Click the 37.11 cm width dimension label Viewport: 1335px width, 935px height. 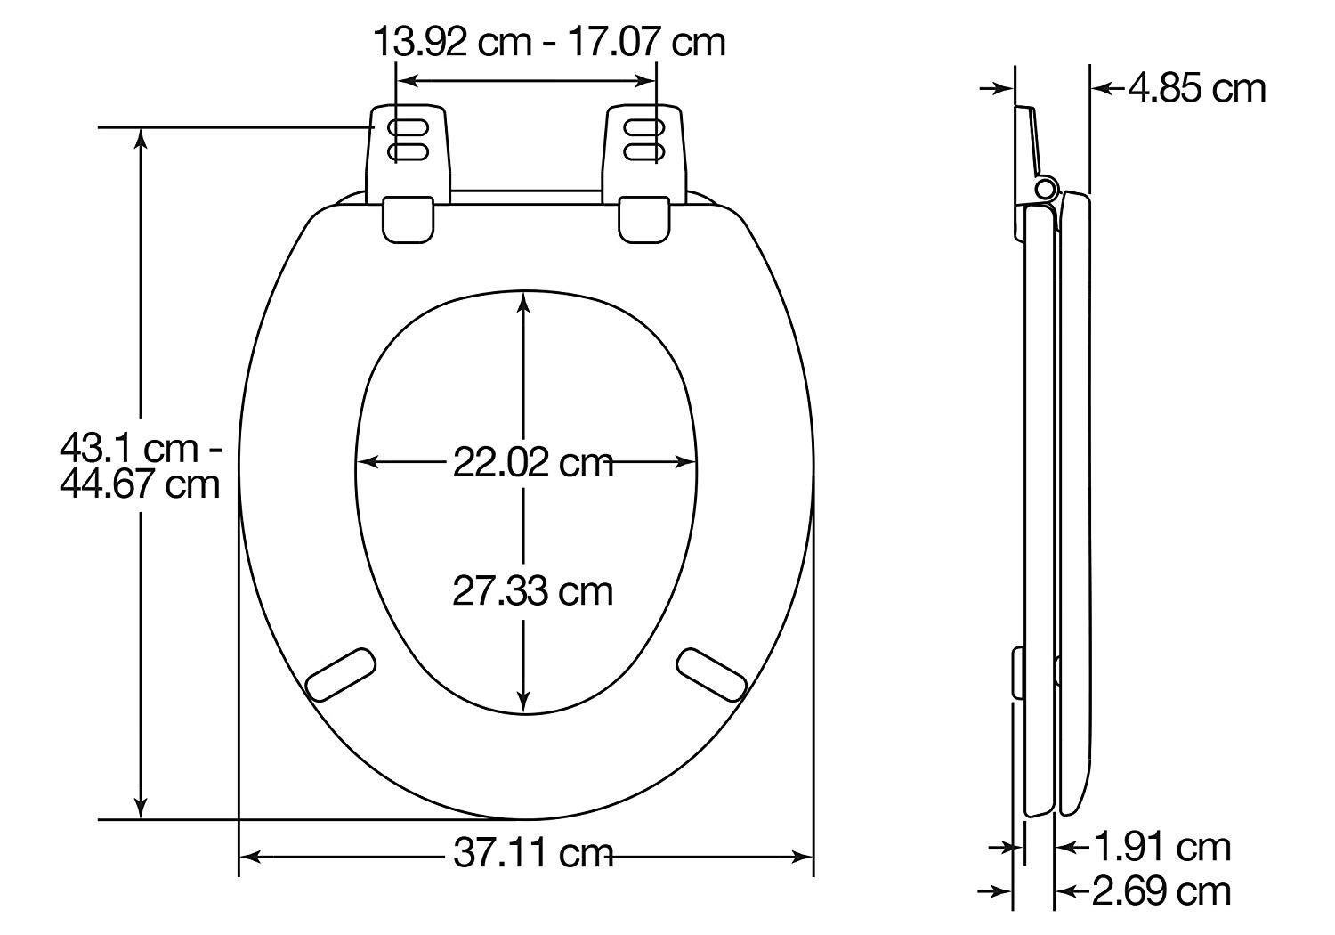tap(533, 855)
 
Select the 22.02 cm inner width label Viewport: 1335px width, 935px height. tap(533, 462)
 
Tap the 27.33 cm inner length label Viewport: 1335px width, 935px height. tap(533, 590)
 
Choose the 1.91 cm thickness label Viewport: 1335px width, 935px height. tap(1162, 847)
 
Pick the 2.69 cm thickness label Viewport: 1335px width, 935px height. tap(1162, 890)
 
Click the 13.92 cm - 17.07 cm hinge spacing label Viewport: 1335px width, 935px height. tap(548, 41)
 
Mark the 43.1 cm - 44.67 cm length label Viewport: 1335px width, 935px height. tap(140, 466)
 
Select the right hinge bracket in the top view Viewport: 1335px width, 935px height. tap(644, 151)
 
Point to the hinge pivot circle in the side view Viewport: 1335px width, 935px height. tap(1046, 189)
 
